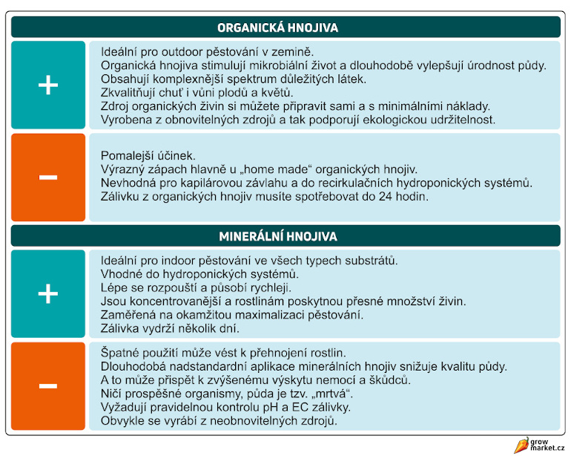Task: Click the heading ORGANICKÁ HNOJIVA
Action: pyautogui.click(x=278, y=27)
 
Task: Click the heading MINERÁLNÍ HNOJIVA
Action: pyautogui.click(x=278, y=236)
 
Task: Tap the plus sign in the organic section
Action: pyautogui.click(x=48, y=85)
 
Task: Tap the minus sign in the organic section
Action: pyautogui.click(x=48, y=177)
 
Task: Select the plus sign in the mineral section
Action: pyautogui.click(x=48, y=294)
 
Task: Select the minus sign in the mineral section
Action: pyautogui.click(x=48, y=385)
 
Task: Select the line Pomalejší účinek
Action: pyautogui.click(x=148, y=156)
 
